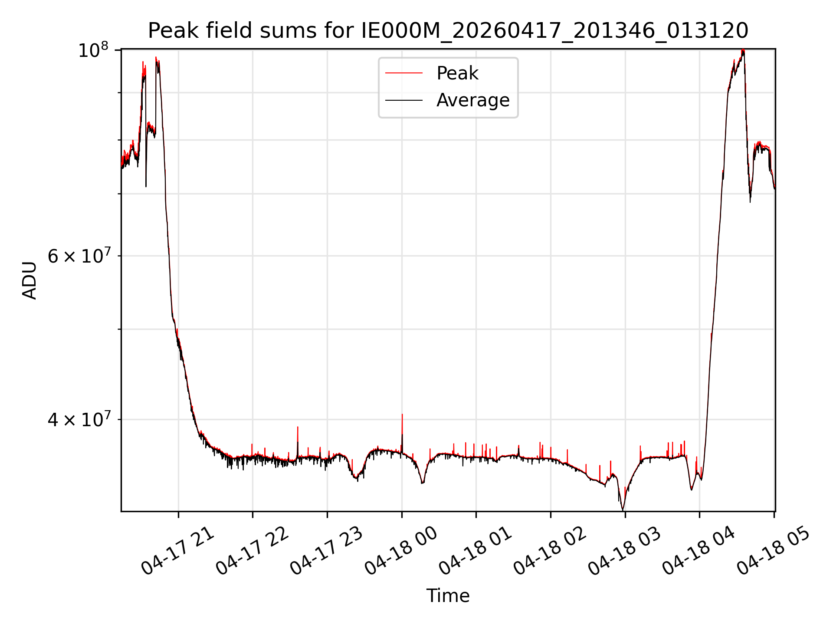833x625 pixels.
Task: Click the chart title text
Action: coord(448,31)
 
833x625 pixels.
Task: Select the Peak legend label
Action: coord(457,73)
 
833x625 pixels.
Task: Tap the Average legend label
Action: coord(473,100)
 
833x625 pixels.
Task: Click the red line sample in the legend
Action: coord(404,73)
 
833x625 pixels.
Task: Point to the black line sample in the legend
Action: coord(404,100)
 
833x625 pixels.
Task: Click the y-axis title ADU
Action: coord(30,280)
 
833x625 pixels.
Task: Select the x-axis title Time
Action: coord(448,596)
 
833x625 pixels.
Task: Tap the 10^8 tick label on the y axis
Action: coord(92,50)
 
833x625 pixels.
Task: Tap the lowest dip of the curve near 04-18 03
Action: coord(623,510)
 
